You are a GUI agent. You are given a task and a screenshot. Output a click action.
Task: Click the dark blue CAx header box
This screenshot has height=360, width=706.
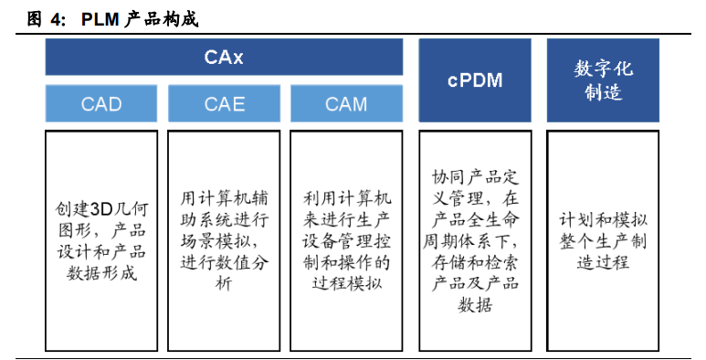tap(224, 57)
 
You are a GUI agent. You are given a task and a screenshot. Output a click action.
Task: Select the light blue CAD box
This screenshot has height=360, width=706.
tap(100, 103)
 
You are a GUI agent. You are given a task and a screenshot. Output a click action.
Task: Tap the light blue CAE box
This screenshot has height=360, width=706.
tap(224, 103)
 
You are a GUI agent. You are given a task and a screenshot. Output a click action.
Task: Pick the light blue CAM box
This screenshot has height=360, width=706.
tap(346, 103)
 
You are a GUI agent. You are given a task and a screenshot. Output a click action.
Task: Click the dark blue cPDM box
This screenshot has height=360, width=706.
tap(475, 80)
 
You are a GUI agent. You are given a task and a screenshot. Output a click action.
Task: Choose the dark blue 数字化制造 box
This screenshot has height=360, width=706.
tap(603, 80)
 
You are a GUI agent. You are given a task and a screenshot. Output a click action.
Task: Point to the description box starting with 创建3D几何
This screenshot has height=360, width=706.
tap(100, 239)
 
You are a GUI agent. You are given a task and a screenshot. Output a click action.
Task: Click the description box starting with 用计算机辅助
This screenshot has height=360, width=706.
tap(224, 239)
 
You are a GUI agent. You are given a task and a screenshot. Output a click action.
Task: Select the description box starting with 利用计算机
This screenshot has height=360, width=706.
tap(346, 239)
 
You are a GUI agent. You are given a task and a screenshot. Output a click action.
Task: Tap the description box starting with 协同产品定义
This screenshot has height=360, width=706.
tap(475, 239)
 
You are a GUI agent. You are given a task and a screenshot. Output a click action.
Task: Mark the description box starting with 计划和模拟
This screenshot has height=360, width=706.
tap(603, 239)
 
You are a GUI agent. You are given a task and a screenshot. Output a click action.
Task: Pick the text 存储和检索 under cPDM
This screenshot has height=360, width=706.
tap(475, 262)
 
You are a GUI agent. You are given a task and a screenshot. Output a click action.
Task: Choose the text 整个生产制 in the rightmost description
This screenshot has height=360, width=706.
tap(603, 240)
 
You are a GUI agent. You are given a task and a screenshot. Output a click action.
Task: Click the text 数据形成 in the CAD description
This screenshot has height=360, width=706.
tap(100, 272)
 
